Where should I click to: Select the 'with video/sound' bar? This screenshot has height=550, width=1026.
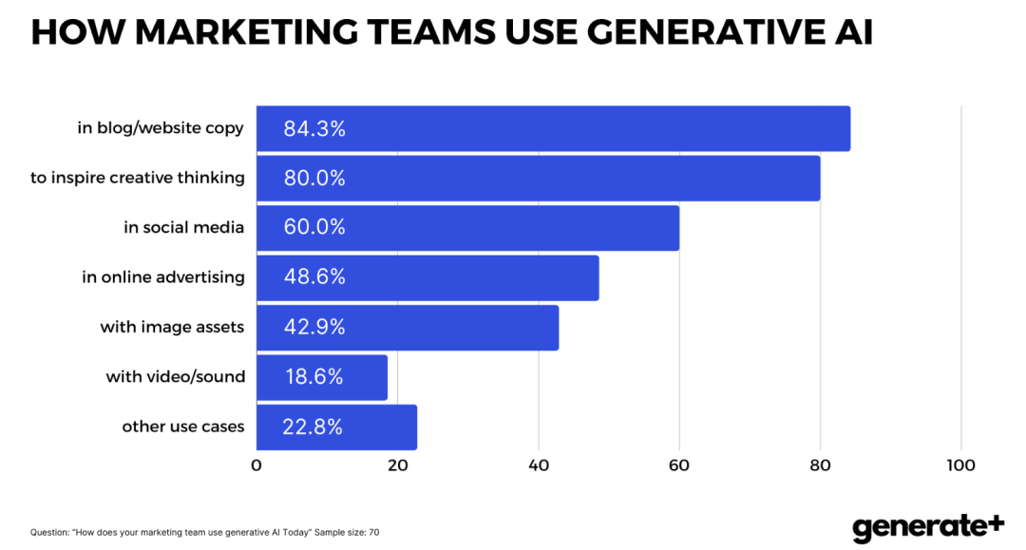322,377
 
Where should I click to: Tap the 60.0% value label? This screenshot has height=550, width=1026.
314,228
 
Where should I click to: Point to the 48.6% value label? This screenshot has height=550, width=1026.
314,277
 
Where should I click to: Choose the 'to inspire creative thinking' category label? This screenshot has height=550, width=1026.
138,178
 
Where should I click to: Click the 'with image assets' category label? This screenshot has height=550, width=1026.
172,327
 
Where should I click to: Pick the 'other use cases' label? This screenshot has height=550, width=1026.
183,427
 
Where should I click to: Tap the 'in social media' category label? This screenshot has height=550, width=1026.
184,227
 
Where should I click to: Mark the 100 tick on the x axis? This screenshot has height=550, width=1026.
960,465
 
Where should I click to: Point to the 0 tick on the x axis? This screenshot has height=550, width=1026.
256,465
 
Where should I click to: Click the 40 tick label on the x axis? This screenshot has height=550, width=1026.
539,465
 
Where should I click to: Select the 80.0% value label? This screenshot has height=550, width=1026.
314,178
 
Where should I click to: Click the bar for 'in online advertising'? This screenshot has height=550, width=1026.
427,277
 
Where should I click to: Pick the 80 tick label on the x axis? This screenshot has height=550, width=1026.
820,465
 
